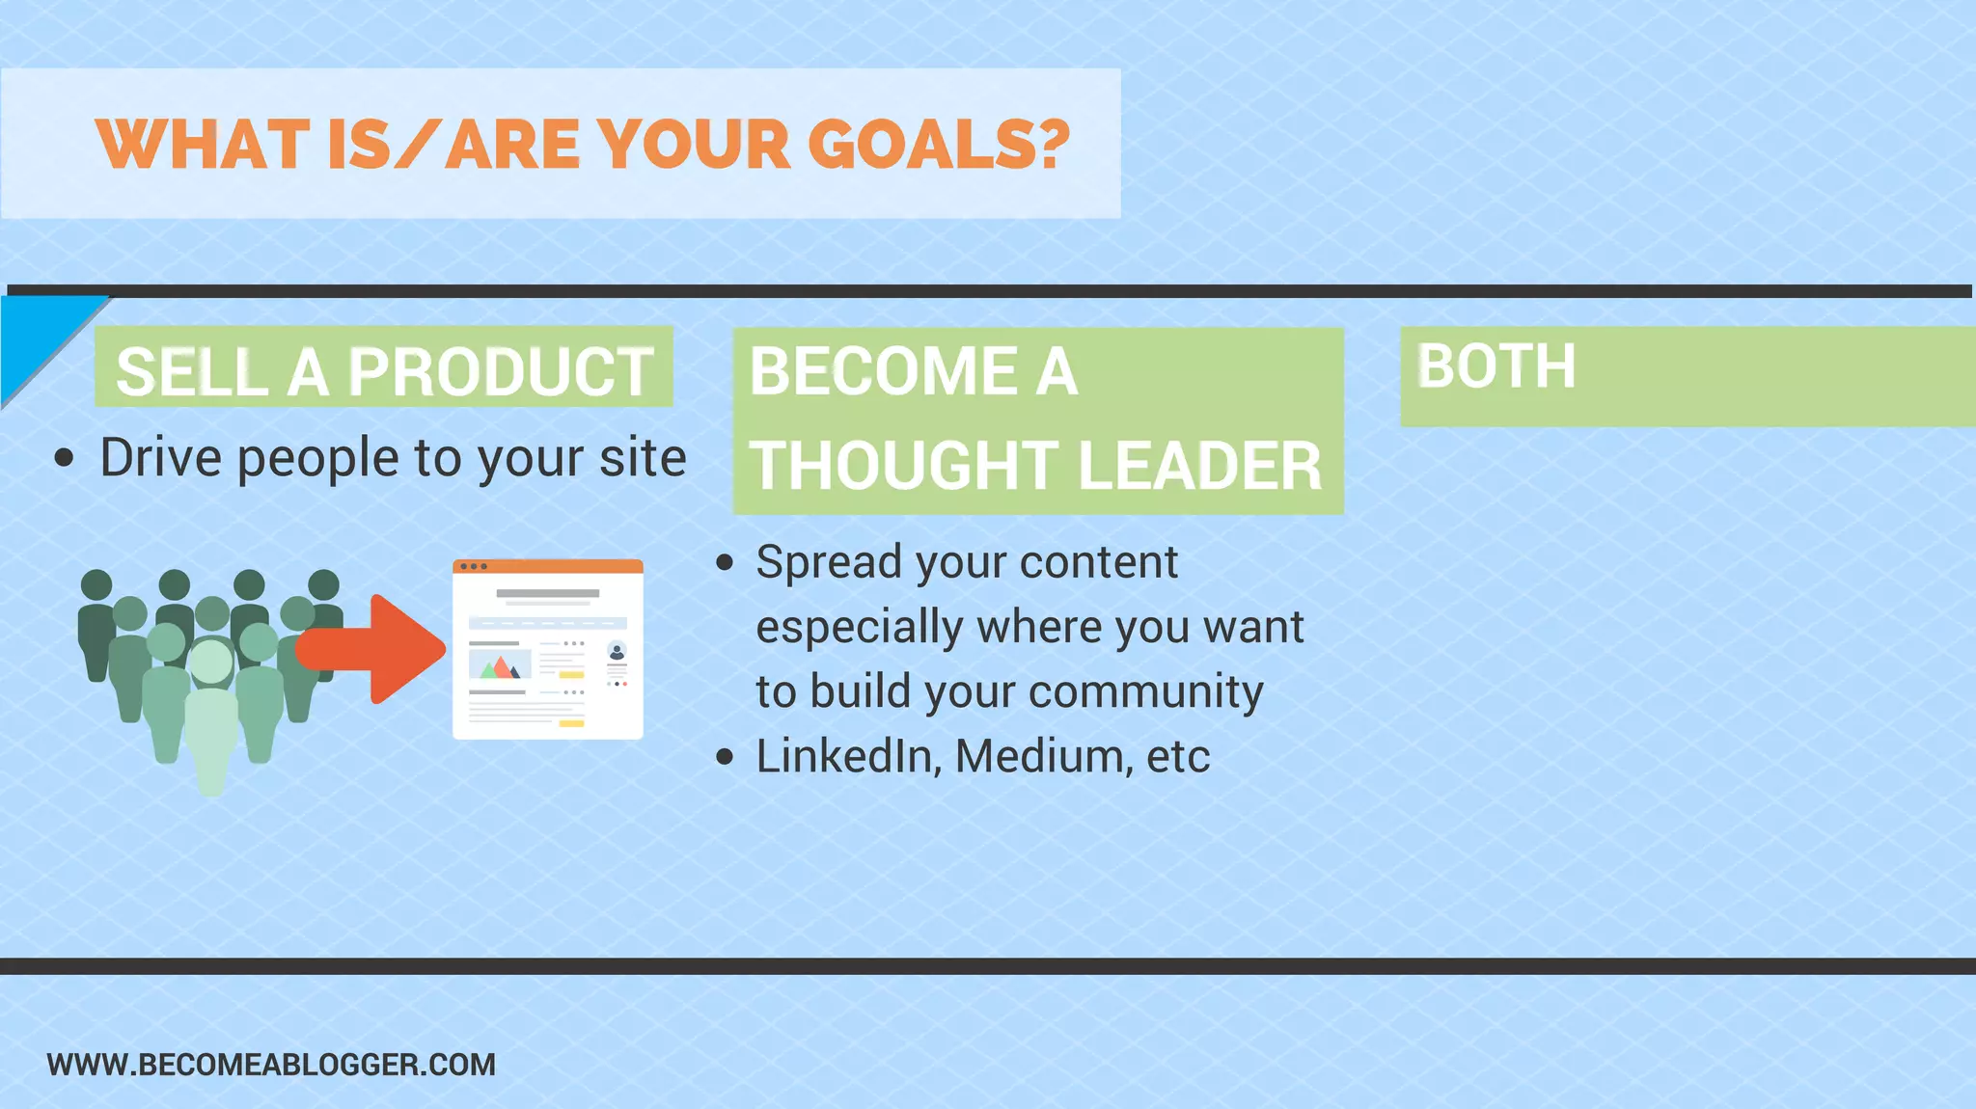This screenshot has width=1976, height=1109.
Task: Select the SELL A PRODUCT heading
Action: coord(383,371)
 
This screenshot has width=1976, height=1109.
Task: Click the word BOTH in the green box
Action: coord(1496,366)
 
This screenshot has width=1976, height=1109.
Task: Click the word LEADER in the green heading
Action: coord(1199,466)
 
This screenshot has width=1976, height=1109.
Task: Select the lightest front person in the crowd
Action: coord(211,714)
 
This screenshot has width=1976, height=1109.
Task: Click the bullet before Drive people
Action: coord(64,458)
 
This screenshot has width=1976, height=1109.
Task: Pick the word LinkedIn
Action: coord(845,756)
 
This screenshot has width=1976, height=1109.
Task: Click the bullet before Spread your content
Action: coord(726,562)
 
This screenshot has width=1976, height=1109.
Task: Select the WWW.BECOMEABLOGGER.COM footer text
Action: coord(271,1065)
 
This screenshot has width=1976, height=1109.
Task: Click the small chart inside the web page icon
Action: coord(500,665)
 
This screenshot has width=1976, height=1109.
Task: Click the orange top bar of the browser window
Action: coord(547,566)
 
